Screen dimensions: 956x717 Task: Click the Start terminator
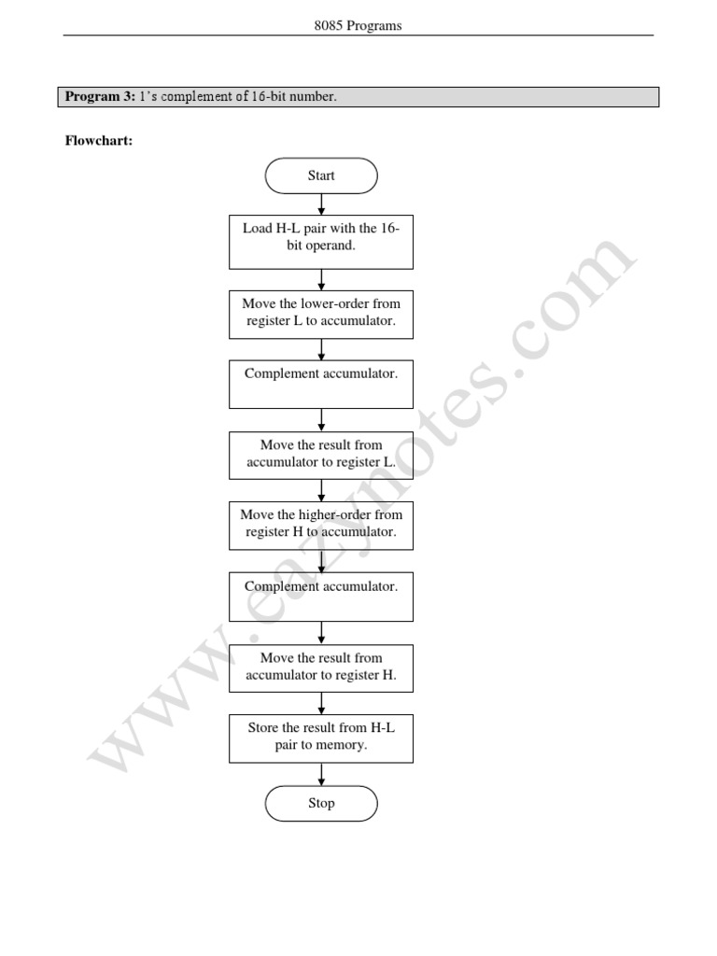click(321, 176)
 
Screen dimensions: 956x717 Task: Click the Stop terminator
click(321, 803)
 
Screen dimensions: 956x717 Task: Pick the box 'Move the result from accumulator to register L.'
click(321, 455)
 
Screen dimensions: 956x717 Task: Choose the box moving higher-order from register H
click(321, 524)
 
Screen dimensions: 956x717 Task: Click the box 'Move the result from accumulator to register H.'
click(321, 667)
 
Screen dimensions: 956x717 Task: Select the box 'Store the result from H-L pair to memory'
click(321, 737)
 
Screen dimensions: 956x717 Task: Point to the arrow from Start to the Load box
click(321, 205)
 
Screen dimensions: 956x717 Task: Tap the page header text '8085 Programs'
click(358, 26)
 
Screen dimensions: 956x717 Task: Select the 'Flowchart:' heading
click(98, 142)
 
